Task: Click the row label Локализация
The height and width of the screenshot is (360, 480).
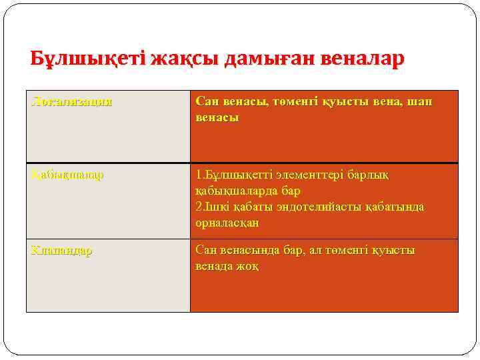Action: point(71,102)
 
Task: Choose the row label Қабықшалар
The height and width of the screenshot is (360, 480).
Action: point(67,175)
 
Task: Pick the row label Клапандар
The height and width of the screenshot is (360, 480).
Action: point(61,251)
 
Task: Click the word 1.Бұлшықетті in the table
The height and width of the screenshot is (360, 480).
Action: point(231,175)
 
